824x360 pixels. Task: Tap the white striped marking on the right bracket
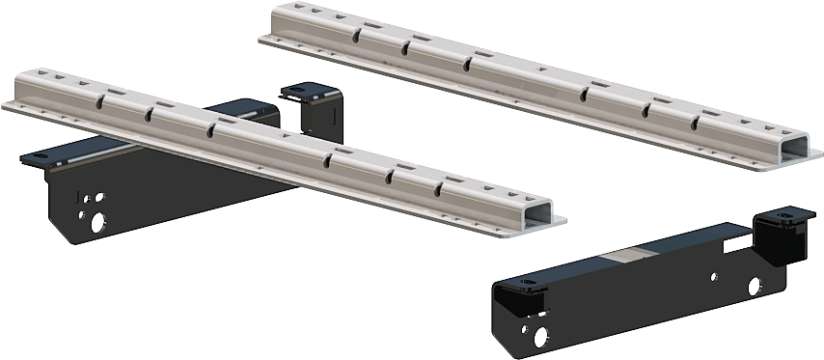736,243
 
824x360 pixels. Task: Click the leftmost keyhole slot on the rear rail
358,36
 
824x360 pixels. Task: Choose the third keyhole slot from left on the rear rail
469,63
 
